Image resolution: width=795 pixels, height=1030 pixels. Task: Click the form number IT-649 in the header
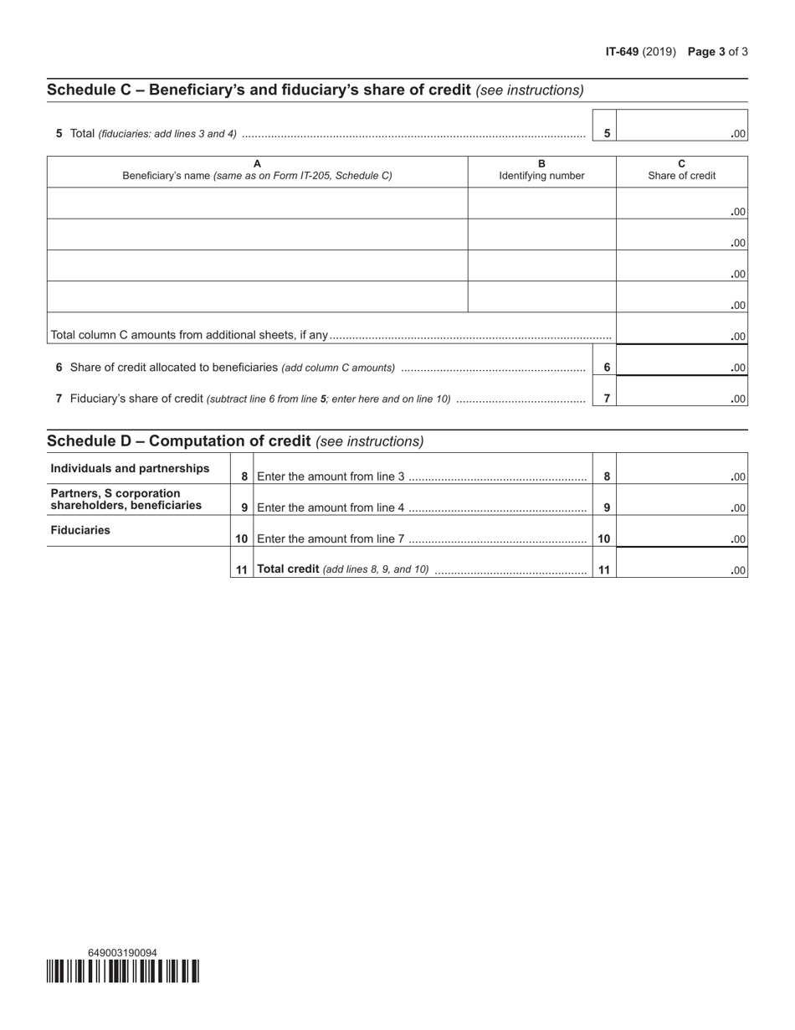pyautogui.click(x=622, y=52)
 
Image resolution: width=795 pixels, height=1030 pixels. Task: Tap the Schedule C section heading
pyautogui.click(x=259, y=90)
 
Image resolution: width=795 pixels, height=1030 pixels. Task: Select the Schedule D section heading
pyautogui.click(x=178, y=441)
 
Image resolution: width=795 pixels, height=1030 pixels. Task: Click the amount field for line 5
pyautogui.click(x=681, y=126)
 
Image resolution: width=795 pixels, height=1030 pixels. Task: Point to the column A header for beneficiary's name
pyautogui.click(x=257, y=170)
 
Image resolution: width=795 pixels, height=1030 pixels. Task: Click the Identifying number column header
pyautogui.click(x=541, y=170)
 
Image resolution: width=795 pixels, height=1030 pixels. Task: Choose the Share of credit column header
pyautogui.click(x=681, y=170)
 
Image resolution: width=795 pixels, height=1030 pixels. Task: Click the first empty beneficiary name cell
pyautogui.click(x=257, y=203)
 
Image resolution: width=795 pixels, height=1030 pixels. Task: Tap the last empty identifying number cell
pyautogui.click(x=541, y=296)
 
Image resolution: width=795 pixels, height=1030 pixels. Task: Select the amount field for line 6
pyautogui.click(x=681, y=361)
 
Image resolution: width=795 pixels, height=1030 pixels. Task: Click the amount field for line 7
pyautogui.click(x=681, y=392)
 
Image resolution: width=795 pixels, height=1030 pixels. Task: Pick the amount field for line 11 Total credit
pyautogui.click(x=681, y=564)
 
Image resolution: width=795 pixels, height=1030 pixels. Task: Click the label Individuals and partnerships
pyautogui.click(x=131, y=468)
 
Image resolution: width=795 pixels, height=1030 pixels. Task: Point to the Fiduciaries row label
pyautogui.click(x=80, y=530)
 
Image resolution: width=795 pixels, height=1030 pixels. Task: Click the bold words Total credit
pyautogui.click(x=288, y=569)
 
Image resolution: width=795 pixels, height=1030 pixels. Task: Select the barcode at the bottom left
pyautogui.click(x=123, y=971)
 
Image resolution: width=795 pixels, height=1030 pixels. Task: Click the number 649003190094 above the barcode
pyautogui.click(x=122, y=952)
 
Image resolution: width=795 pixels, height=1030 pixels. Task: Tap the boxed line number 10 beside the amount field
pyautogui.click(x=604, y=539)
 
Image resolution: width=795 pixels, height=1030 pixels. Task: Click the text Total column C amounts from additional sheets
pyautogui.click(x=189, y=335)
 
